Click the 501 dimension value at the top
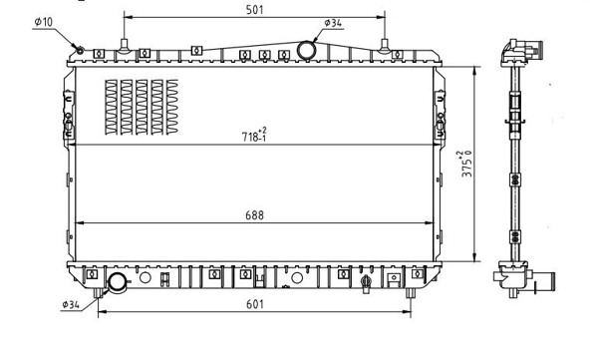tap(254, 10)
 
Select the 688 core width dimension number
tap(254, 215)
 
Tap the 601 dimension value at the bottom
tap(255, 304)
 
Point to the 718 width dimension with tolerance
tap(254, 135)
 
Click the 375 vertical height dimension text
tap(466, 164)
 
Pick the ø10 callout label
tap(43, 22)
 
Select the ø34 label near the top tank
tap(333, 23)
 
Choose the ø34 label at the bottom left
tap(71, 304)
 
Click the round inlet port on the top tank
tap(306, 50)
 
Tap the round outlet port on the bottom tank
tap(117, 283)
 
